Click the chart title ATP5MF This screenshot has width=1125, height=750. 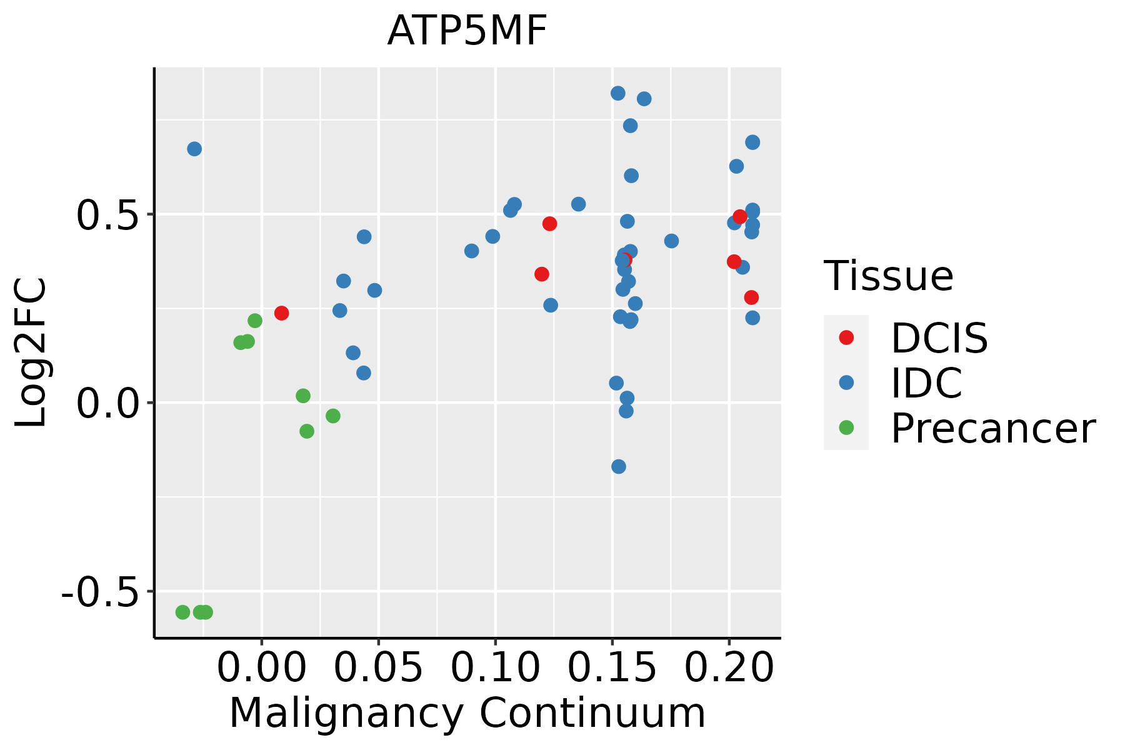467,31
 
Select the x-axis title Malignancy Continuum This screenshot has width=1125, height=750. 467,713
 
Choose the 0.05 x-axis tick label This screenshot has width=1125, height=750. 378,668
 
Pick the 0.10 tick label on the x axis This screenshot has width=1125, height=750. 495,668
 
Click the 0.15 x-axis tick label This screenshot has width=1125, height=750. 612,668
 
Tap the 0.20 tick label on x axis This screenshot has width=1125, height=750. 729,668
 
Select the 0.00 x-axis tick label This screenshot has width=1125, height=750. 261,668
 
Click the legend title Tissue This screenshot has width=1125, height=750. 888,276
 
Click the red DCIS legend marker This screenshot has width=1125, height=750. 846,337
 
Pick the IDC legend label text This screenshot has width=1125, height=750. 926,383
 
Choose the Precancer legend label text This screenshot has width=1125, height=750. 992,429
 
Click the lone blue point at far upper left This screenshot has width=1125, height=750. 194,149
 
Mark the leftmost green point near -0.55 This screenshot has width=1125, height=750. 182,612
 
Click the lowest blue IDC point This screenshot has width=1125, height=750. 619,466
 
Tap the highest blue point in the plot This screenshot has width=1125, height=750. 618,93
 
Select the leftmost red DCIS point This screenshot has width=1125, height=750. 281,313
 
